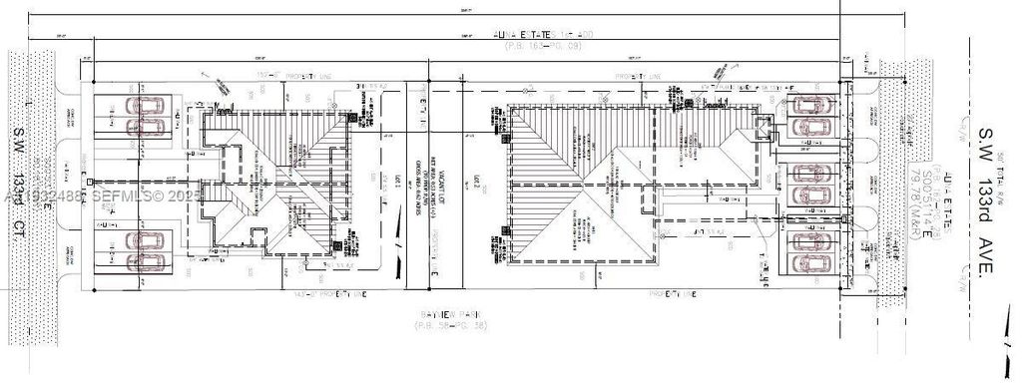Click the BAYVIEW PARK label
click(446, 314)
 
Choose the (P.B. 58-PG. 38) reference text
click(446, 325)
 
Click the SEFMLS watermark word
click(124, 196)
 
